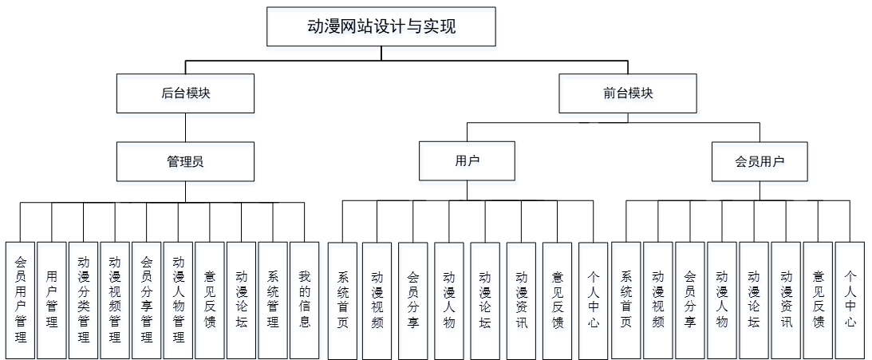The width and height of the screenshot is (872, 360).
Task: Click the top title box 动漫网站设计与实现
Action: point(381,26)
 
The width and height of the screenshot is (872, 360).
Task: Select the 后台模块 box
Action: point(185,93)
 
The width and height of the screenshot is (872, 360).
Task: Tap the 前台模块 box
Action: point(628,93)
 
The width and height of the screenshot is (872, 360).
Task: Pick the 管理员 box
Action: point(185,161)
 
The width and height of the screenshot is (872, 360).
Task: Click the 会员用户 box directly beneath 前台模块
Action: point(760,161)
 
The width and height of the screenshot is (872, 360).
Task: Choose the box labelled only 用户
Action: point(467,161)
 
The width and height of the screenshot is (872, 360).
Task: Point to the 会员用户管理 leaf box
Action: point(20,299)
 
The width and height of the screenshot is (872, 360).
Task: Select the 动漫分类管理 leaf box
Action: point(84,299)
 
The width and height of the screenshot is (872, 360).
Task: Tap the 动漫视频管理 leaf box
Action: point(115,299)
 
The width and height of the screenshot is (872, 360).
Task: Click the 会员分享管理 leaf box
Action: point(147,299)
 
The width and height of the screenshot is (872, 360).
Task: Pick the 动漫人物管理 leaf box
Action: point(178,299)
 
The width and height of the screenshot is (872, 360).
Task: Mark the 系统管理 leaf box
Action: point(273,299)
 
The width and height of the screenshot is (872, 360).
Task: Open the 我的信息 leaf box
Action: point(304,299)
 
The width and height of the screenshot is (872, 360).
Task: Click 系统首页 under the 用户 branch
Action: point(343,299)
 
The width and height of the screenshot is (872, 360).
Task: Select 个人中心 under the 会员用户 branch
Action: point(850,299)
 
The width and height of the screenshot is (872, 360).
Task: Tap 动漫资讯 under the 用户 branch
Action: point(522,299)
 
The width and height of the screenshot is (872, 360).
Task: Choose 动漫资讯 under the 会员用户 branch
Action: point(786,299)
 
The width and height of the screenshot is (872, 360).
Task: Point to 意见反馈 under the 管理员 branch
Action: point(210,299)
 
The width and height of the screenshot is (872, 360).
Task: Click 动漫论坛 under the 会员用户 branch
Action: point(754,299)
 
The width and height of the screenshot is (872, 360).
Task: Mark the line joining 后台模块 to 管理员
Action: point(185,127)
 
